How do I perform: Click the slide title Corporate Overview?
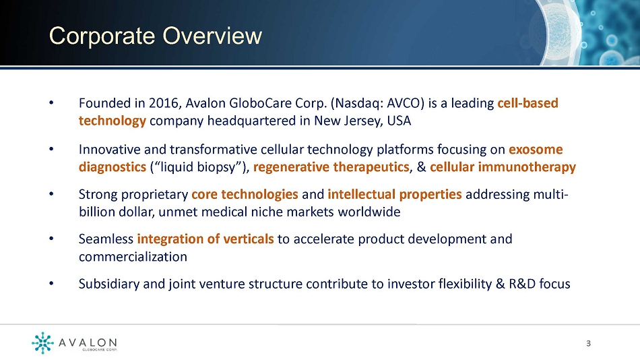(x=156, y=36)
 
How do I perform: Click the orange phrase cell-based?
(x=527, y=103)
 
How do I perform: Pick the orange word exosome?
(x=536, y=150)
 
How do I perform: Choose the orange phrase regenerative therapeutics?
(x=331, y=167)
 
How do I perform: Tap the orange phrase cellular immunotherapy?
(x=503, y=167)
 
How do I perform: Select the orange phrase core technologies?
(x=245, y=194)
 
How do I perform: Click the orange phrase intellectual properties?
(x=395, y=194)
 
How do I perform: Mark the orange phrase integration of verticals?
(x=205, y=239)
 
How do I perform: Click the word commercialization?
(x=133, y=257)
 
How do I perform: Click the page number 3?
(x=588, y=343)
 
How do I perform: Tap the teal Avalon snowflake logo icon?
(x=42, y=342)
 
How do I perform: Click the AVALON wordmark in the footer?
(x=88, y=342)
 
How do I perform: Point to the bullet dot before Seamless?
(x=51, y=239)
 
